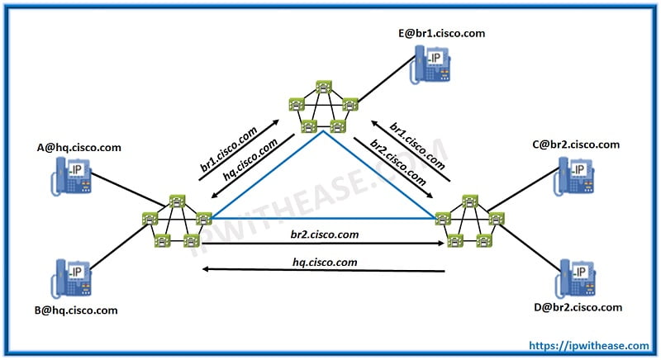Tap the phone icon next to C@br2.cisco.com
click(x=577, y=173)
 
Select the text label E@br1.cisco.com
click(x=441, y=33)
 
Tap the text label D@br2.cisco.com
click(x=578, y=307)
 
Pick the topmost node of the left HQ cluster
click(x=176, y=200)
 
